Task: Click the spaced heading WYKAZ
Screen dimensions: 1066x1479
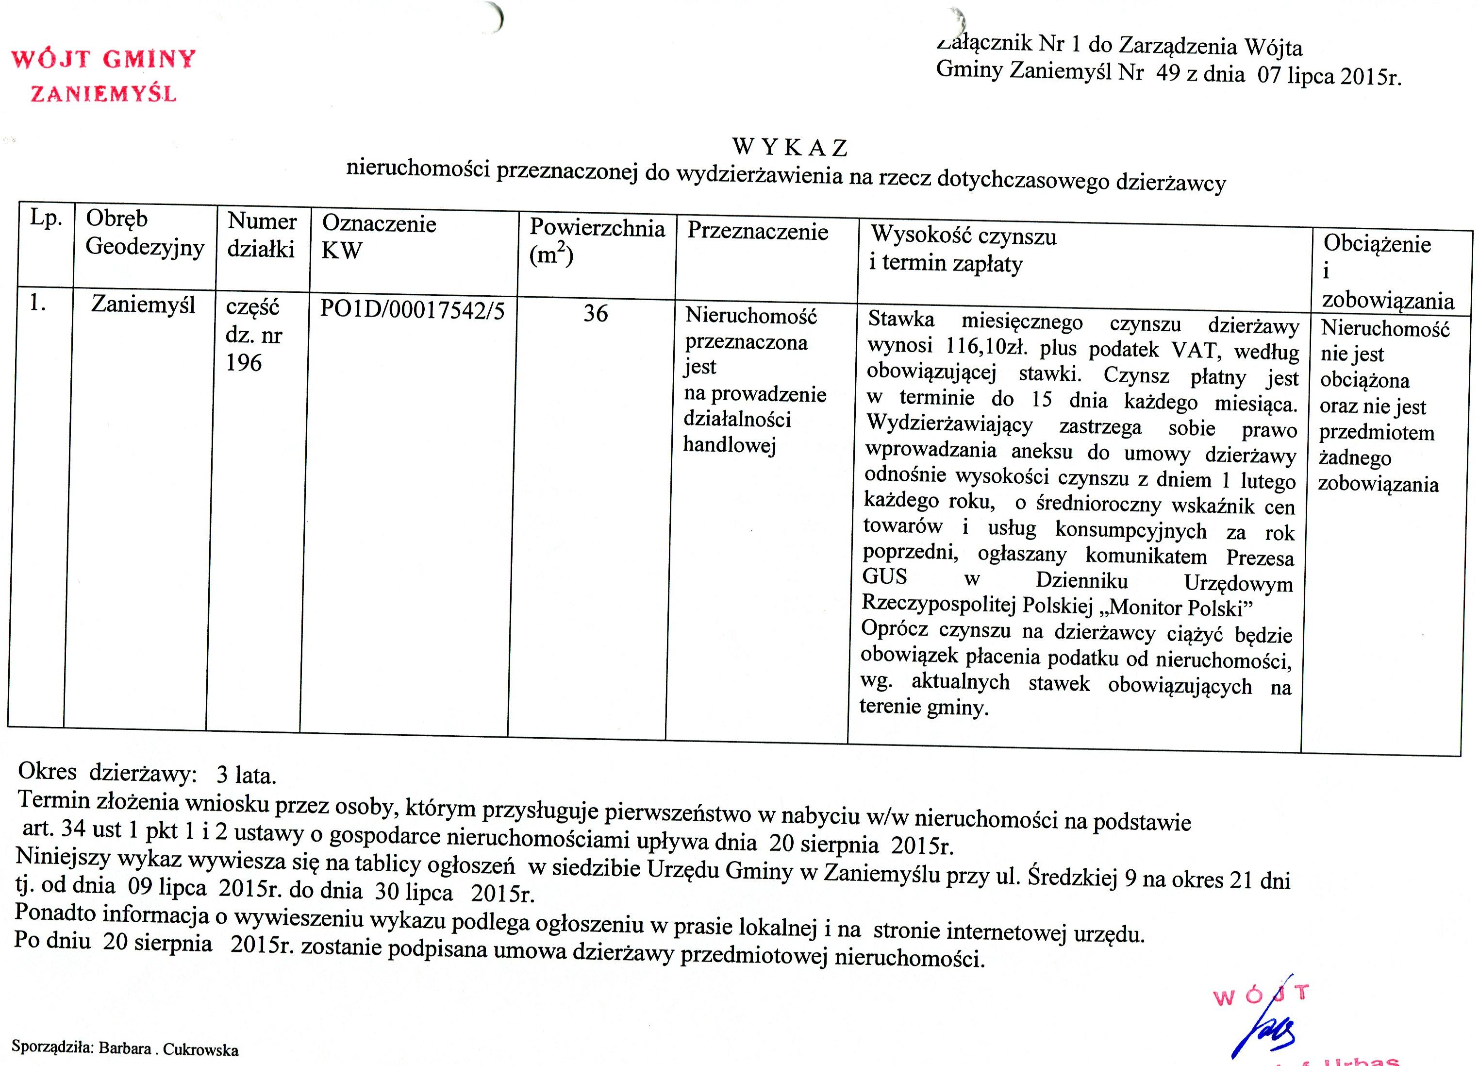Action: point(790,148)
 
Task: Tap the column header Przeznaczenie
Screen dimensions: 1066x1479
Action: point(758,232)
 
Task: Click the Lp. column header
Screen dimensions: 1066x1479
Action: point(46,218)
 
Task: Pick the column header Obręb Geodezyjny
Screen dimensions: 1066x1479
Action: point(145,233)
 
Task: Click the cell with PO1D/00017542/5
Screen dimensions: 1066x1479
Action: point(412,310)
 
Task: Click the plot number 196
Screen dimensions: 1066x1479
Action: point(244,363)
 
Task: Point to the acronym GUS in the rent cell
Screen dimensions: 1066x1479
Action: point(885,577)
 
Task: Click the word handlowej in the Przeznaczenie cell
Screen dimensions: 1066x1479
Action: point(729,445)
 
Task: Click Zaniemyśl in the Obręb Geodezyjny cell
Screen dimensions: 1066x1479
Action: point(144,305)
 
